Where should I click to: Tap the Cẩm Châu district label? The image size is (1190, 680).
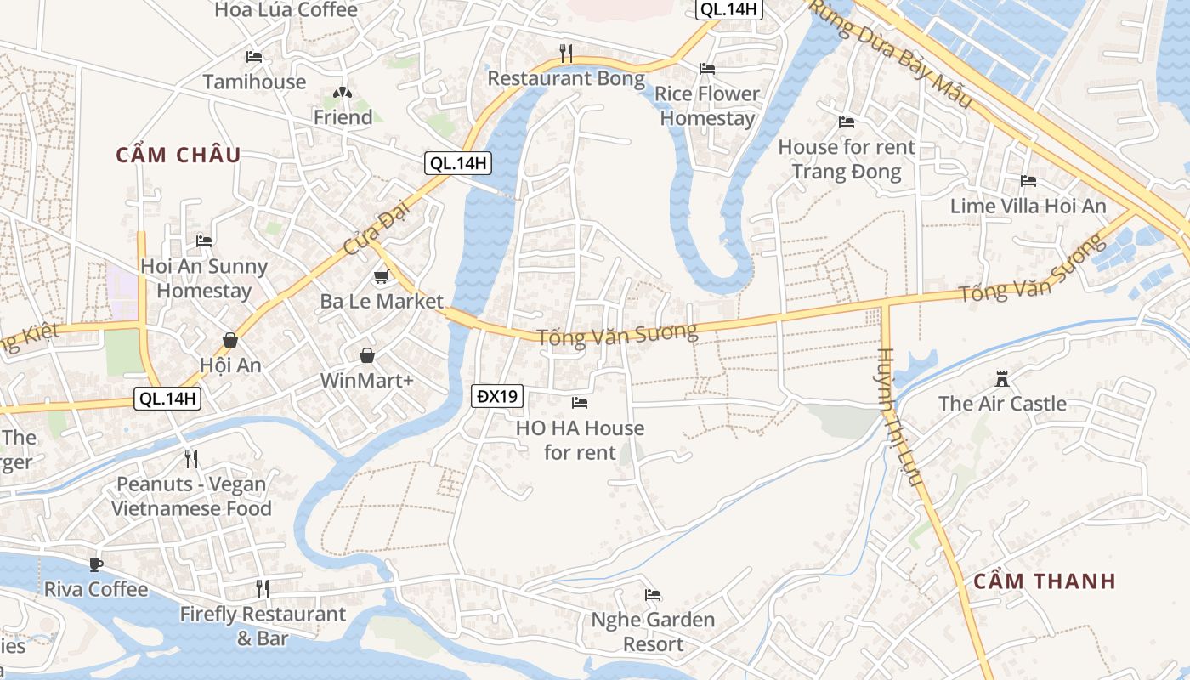pos(178,155)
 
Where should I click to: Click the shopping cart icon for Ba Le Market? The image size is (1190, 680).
pos(382,277)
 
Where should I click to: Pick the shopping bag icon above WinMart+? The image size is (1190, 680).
pos(366,355)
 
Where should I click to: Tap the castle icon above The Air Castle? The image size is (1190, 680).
pos(1002,378)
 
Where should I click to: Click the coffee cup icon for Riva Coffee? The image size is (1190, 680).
pos(96,565)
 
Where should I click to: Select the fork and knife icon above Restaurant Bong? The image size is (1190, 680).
pos(566,54)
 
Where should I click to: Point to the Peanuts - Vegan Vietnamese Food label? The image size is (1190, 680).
pos(191,496)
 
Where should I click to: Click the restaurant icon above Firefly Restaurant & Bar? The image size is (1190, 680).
pos(263,588)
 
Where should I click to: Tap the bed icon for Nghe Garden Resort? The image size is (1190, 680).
pos(653,595)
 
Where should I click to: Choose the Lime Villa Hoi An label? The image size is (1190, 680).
pos(1028,206)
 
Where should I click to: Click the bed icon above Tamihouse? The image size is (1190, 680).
pos(254,57)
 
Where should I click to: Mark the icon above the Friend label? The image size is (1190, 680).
pos(342,93)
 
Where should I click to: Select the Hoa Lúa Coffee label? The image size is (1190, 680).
pos(286,10)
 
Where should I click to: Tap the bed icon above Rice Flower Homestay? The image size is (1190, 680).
pos(707,69)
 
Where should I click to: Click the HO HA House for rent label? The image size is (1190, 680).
pos(580,439)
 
